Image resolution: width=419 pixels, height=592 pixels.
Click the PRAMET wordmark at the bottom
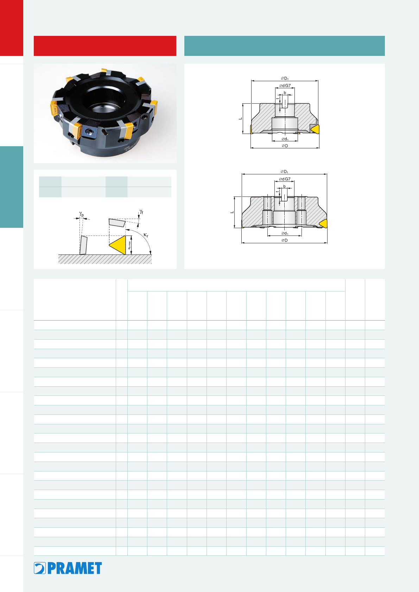(x=75, y=568)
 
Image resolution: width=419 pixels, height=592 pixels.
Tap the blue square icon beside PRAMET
(x=40, y=568)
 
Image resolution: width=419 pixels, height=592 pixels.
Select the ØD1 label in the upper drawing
(x=285, y=78)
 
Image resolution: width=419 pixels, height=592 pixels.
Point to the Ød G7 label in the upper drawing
(x=285, y=86)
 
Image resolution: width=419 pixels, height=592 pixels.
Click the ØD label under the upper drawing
(x=285, y=146)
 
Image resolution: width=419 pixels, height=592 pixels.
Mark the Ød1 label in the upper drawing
(x=285, y=139)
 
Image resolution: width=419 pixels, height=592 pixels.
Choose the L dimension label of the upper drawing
(x=240, y=118)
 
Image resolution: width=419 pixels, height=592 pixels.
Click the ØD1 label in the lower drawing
(x=284, y=172)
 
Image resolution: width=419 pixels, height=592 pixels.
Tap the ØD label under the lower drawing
(x=284, y=240)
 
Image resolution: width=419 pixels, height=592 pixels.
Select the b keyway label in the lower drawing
(x=284, y=186)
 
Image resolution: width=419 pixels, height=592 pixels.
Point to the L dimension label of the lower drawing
(x=232, y=212)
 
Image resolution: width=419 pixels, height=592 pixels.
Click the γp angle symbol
(x=82, y=213)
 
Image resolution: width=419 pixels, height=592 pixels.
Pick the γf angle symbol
(x=141, y=212)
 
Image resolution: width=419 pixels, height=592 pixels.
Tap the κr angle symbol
(x=146, y=235)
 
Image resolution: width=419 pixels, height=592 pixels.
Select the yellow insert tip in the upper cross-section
(x=316, y=129)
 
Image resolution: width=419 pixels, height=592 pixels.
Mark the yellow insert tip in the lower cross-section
(x=324, y=224)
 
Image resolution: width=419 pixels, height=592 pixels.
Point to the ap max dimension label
(x=129, y=245)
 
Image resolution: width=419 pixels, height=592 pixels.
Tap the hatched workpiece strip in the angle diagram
(x=105, y=259)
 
